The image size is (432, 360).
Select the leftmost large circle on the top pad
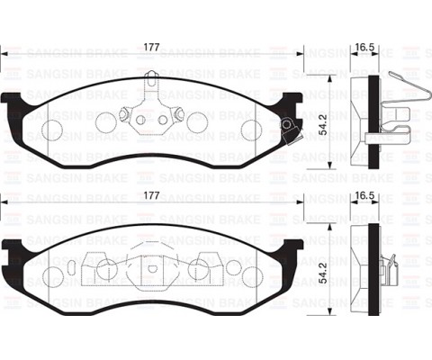click(53, 130)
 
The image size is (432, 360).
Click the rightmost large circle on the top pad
click(251, 130)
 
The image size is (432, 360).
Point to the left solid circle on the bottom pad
click(103, 267)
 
